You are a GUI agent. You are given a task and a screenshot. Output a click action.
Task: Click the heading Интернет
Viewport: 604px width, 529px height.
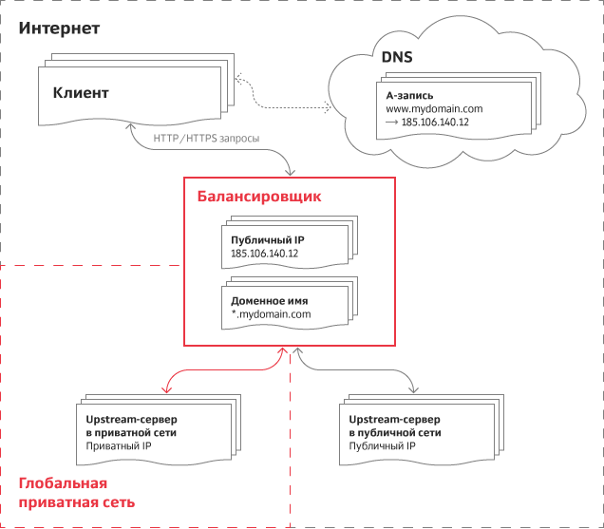point(60,28)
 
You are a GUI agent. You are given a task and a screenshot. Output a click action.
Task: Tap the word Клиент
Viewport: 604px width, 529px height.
point(81,94)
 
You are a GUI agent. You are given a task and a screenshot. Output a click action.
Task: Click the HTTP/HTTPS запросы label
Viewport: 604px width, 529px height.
point(206,138)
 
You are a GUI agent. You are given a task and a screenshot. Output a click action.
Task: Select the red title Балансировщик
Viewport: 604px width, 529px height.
point(259,198)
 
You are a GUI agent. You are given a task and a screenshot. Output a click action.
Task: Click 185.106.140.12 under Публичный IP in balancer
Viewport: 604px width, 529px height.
point(265,255)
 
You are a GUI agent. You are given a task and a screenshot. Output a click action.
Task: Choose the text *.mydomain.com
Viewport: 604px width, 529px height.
point(271,313)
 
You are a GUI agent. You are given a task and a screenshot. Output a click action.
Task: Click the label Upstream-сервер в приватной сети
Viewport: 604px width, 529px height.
point(125,425)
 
